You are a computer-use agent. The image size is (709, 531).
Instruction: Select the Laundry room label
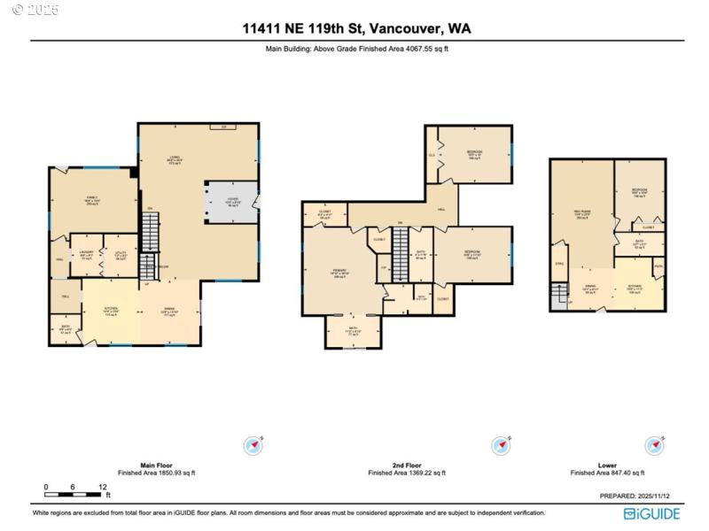click(86, 255)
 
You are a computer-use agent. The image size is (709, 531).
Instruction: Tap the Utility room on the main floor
click(121, 255)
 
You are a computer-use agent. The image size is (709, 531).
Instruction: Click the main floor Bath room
click(65, 329)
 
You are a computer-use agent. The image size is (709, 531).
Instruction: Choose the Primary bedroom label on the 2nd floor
click(340, 275)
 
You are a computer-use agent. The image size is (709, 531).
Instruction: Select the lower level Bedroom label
click(639, 191)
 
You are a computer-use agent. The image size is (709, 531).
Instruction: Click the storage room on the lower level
click(559, 264)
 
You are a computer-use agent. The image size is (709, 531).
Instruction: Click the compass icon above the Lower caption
click(654, 445)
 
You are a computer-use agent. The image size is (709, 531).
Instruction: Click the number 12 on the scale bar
click(104, 487)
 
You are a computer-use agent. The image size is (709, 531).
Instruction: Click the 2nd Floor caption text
click(408, 465)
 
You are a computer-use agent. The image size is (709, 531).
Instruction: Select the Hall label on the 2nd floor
click(440, 210)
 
